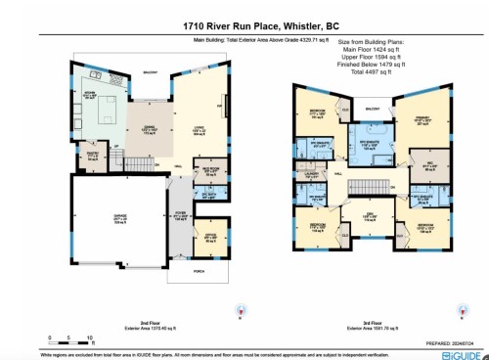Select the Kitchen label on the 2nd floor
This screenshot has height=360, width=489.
click(89, 96)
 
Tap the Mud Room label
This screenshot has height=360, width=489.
click(208, 168)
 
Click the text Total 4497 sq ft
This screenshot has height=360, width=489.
click(372, 78)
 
